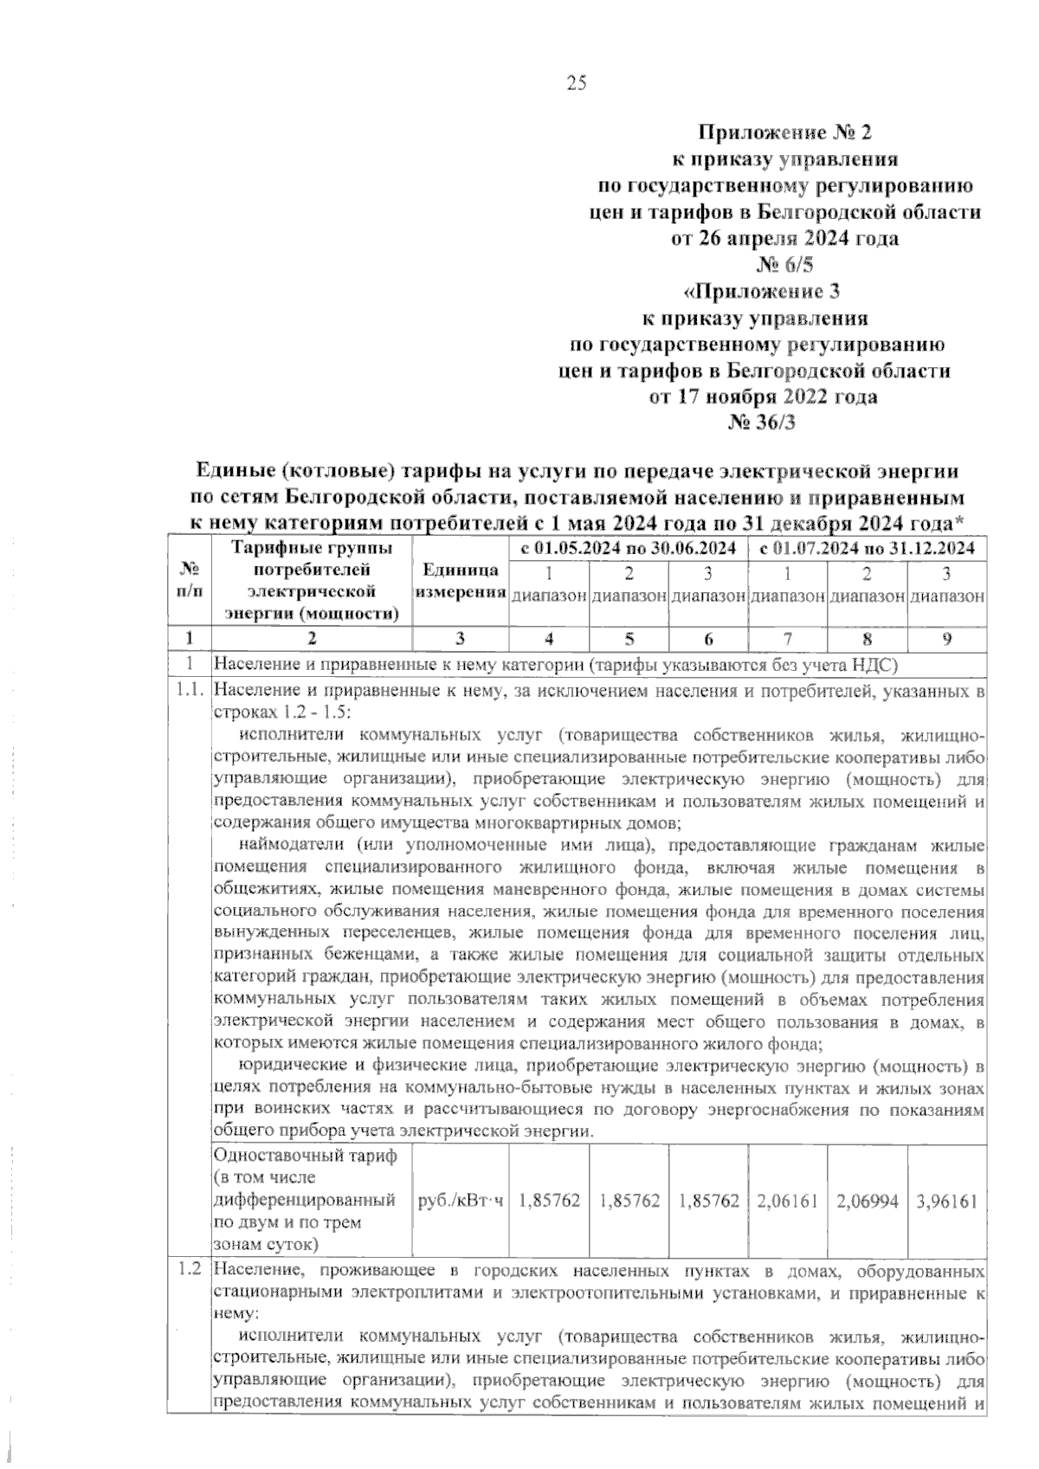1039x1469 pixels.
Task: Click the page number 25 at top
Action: [x=577, y=83]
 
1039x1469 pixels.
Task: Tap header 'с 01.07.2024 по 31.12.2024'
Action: [x=868, y=548]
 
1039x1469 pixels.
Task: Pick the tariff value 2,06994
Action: [x=867, y=1201]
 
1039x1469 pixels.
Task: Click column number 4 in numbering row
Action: [x=548, y=639]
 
